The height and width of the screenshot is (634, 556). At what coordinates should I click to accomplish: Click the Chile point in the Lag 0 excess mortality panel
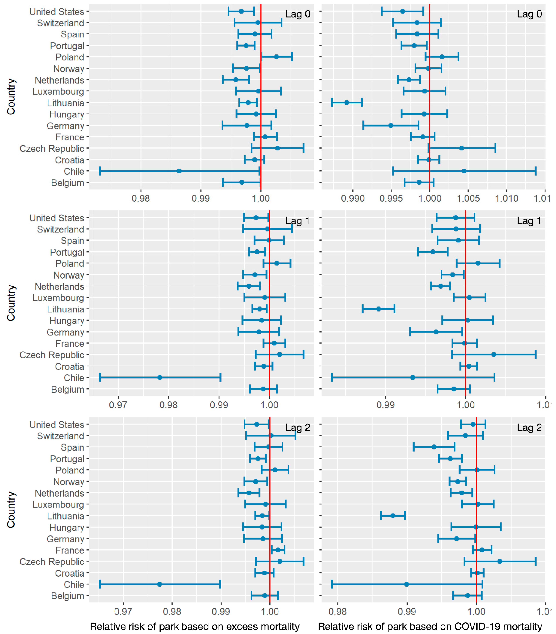click(x=179, y=171)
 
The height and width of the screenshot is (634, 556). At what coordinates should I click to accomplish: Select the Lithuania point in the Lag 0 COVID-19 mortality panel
click(x=347, y=102)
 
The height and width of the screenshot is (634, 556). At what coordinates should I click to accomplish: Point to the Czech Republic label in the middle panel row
click(x=52, y=355)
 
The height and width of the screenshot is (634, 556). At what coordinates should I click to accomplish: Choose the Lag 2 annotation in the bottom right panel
click(x=529, y=427)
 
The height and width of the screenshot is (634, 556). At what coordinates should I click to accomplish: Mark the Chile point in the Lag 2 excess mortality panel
click(x=159, y=584)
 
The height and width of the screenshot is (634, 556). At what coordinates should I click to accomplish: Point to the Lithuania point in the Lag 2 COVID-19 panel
click(x=393, y=516)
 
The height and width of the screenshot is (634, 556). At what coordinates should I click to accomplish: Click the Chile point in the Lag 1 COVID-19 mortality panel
click(x=413, y=377)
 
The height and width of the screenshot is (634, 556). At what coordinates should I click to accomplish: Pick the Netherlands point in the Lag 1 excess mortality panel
click(x=248, y=286)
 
